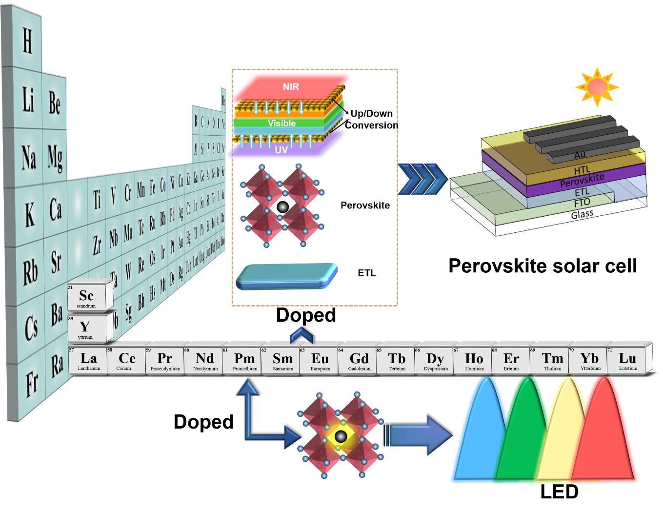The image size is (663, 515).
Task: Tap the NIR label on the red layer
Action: click(291, 87)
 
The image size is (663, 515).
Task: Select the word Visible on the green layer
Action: click(282, 124)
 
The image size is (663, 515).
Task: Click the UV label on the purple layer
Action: click(281, 150)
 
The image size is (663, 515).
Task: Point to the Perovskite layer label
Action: click(582, 180)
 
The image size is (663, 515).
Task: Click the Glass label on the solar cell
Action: click(582, 214)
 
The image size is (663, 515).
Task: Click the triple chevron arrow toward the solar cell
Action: click(422, 180)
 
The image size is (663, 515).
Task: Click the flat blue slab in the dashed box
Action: click(286, 276)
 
